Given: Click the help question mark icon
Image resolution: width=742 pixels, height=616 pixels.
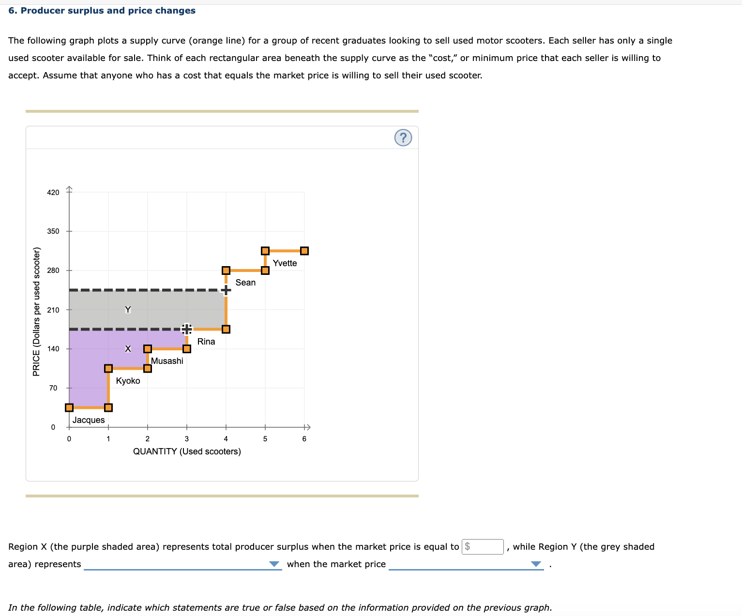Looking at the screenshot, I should coord(403,138).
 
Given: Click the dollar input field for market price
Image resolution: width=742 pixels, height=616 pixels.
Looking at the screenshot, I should coord(483,547).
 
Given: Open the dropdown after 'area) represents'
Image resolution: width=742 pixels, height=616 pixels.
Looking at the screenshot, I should coord(182,564).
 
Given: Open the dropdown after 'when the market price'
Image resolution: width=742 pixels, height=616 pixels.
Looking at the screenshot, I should coord(466,564).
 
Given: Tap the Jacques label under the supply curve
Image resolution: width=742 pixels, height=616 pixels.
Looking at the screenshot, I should coord(89,420).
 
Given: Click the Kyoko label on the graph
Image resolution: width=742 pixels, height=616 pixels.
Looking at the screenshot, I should coord(128,381).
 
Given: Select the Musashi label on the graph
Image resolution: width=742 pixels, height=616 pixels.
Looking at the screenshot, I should coord(167,361).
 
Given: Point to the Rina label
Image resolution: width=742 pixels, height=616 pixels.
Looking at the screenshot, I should coord(206,342).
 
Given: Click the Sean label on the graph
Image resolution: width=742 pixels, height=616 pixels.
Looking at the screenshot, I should coord(245,283).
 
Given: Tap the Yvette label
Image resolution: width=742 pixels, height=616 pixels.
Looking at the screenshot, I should coord(285,263).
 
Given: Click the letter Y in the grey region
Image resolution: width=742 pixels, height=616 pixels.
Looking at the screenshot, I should coord(128,310).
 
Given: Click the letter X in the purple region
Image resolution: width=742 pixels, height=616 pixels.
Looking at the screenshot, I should coord(128,349).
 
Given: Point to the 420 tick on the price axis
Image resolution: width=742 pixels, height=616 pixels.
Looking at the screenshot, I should coord(53,193).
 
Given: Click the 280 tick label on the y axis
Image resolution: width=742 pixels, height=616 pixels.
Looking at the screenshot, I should coord(53,270).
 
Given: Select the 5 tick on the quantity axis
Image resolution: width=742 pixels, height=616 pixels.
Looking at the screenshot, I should coord(265,439).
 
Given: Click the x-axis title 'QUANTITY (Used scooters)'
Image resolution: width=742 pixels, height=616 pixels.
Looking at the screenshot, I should coord(187,451).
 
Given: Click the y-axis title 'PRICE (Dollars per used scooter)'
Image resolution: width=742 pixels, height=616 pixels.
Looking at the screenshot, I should coord(36,312).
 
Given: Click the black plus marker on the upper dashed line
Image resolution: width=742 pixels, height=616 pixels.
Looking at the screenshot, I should coord(226,290).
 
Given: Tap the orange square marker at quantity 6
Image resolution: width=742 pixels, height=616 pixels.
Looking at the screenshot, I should coord(304,251).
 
